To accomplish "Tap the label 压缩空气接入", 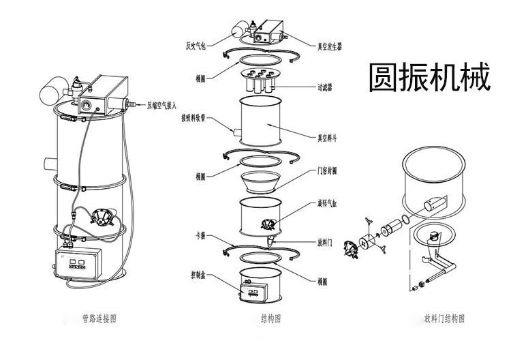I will click(162, 106).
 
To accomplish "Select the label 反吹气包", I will click(196, 47).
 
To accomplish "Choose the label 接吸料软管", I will click(194, 117).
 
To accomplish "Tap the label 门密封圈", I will click(328, 171).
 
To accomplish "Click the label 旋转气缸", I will click(329, 203).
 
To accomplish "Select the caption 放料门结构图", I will click(444, 318).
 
